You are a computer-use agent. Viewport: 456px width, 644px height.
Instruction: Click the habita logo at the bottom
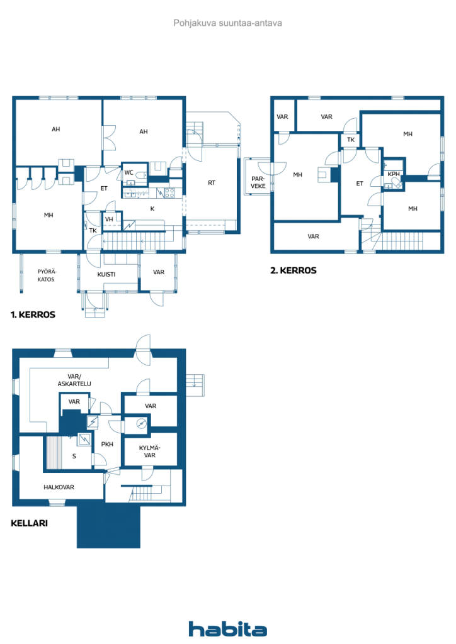pyautogui.click(x=227, y=629)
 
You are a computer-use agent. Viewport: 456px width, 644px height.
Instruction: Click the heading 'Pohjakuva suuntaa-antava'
pyautogui.click(x=227, y=23)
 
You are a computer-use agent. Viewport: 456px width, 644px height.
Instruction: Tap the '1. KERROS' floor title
pyautogui.click(x=33, y=314)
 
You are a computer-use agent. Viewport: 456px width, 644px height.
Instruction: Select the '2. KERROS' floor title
pyautogui.click(x=294, y=270)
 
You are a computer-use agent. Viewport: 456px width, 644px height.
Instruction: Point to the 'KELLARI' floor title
pyautogui.click(x=29, y=523)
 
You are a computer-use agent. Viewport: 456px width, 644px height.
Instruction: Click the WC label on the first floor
pyautogui.click(x=128, y=173)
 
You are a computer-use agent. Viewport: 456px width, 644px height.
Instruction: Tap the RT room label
pyautogui.click(x=212, y=183)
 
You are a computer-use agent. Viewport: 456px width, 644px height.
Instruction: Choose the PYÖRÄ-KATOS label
pyautogui.click(x=47, y=275)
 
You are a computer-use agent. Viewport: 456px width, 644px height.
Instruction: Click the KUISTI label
pyautogui.click(x=106, y=274)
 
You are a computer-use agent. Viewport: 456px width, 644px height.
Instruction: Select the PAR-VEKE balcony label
pyautogui.click(x=258, y=182)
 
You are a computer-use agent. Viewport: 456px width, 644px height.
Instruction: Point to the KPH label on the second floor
pyautogui.click(x=394, y=174)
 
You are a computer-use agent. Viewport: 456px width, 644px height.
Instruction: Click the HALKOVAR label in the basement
pyautogui.click(x=59, y=487)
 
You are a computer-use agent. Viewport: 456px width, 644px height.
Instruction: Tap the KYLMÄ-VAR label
pyautogui.click(x=150, y=452)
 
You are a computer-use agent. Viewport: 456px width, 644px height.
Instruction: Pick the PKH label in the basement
pyautogui.click(x=107, y=444)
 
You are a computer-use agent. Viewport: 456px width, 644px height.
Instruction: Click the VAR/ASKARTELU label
pyautogui.click(x=74, y=380)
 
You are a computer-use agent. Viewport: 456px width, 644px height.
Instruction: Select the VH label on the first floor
pyautogui.click(x=109, y=219)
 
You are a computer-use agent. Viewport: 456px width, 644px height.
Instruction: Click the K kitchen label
pyautogui.click(x=152, y=209)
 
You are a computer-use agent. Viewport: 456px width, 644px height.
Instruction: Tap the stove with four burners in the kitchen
pyautogui.click(x=169, y=192)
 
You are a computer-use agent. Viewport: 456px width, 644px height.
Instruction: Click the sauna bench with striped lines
pyautogui.click(x=54, y=453)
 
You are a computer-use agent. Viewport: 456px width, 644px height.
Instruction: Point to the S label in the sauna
pyautogui.click(x=74, y=456)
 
